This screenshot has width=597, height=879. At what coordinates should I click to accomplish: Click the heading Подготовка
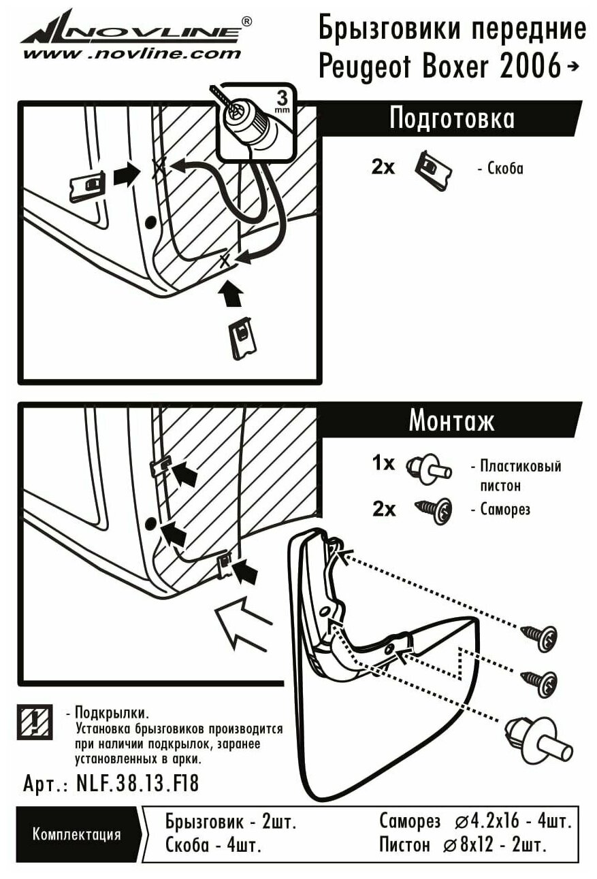tap(451, 119)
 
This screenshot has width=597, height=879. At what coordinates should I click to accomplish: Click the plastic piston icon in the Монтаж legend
tap(427, 467)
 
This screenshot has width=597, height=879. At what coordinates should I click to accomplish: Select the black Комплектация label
tap(76, 834)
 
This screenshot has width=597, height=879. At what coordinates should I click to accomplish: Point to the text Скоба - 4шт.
tap(214, 846)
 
